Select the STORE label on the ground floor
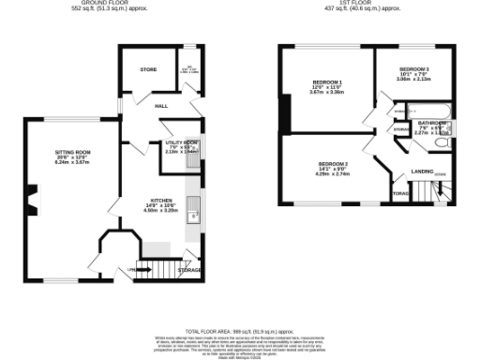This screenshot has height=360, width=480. [x=148, y=69]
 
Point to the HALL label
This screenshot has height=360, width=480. [x=160, y=105]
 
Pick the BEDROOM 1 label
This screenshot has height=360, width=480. [x=327, y=82]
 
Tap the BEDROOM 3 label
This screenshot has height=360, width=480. [x=413, y=69]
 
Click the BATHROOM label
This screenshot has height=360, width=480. [x=432, y=123]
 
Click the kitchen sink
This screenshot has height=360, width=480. [x=198, y=209]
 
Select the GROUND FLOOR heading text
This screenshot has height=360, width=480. [x=104, y=3]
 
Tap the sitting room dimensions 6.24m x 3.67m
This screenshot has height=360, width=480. [x=71, y=161]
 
